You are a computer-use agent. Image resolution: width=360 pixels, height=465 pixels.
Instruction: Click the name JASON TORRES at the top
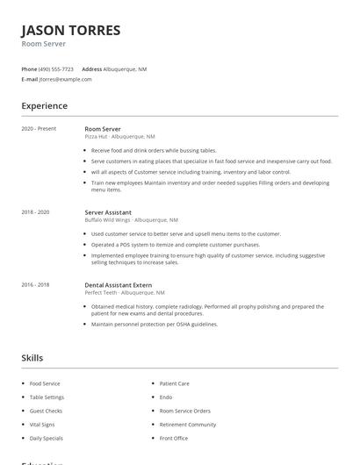pos(70,31)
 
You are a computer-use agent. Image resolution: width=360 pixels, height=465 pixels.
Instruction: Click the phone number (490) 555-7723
pos(57,68)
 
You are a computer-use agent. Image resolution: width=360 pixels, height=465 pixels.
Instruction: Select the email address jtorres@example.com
pos(66,79)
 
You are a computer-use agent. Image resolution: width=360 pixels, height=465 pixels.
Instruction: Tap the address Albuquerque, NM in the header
pos(125,68)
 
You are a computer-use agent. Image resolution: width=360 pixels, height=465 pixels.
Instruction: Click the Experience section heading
pos(44,106)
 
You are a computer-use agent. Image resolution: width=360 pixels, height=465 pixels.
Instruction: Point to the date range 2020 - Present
pos(39,129)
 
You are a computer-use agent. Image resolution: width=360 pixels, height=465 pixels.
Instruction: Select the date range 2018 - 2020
pos(36,212)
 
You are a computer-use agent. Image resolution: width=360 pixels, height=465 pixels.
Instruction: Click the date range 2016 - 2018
pos(36,284)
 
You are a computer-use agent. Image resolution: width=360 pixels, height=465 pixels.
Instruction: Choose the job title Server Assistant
pos(108,212)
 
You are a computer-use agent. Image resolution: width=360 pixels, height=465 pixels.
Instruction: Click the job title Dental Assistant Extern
pos(119,284)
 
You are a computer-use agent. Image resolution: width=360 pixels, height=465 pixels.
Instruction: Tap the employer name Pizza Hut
pos(97,137)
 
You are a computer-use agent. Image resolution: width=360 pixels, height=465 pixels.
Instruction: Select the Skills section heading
pos(32,358)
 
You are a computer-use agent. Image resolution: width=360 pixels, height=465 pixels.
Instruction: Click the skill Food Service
pos(45,383)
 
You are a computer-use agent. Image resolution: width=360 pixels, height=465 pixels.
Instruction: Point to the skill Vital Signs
pos(42,424)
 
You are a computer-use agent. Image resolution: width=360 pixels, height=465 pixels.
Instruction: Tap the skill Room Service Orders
pos(184,411)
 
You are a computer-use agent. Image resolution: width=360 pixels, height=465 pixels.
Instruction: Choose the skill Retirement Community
pos(187,424)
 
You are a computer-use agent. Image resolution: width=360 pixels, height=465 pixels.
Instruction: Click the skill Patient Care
pos(174,383)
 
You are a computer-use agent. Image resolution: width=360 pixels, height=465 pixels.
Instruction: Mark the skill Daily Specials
pos(46,438)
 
